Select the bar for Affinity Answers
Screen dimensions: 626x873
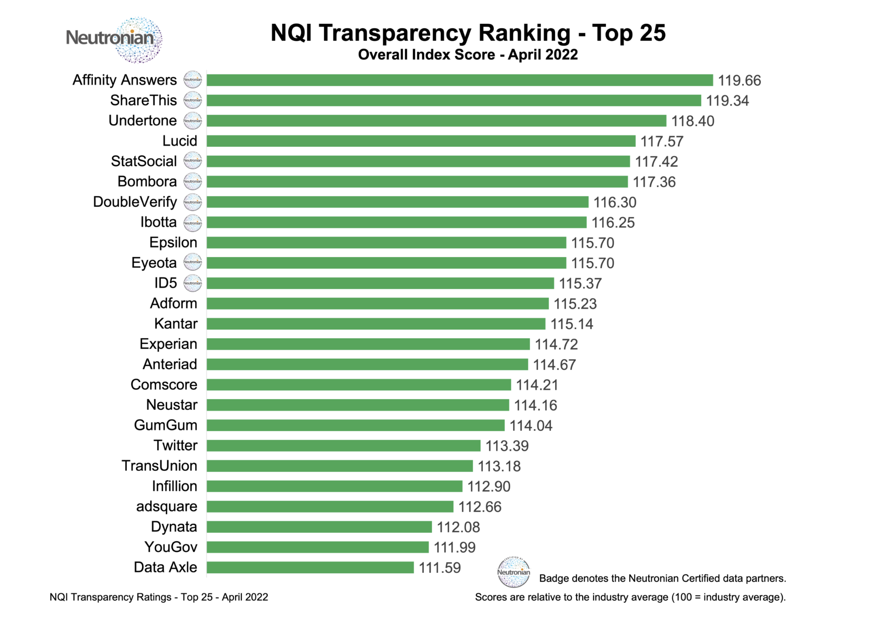tap(459, 80)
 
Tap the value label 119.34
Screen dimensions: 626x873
tap(727, 101)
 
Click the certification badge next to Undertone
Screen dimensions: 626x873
tap(192, 121)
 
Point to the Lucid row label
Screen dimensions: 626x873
tap(180, 141)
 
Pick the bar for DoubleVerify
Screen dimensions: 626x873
tap(397, 202)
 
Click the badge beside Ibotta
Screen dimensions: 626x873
tap(192, 222)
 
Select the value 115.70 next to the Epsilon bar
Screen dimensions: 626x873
tap(592, 243)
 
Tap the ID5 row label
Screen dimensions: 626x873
tap(165, 283)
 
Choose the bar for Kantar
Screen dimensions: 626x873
tap(376, 324)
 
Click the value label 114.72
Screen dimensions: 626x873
tap(556, 344)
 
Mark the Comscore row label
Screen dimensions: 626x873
tap(164, 385)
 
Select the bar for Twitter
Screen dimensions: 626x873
tap(343, 446)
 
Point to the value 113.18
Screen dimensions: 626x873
tap(499, 466)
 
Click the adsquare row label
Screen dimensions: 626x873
tap(167, 507)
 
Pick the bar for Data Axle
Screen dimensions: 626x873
tap(310, 567)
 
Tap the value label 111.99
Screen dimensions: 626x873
tap(454, 547)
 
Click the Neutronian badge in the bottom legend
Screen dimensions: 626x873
tap(513, 572)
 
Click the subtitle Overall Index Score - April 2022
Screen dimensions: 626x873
tap(468, 54)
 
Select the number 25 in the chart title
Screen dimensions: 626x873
tap(652, 33)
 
